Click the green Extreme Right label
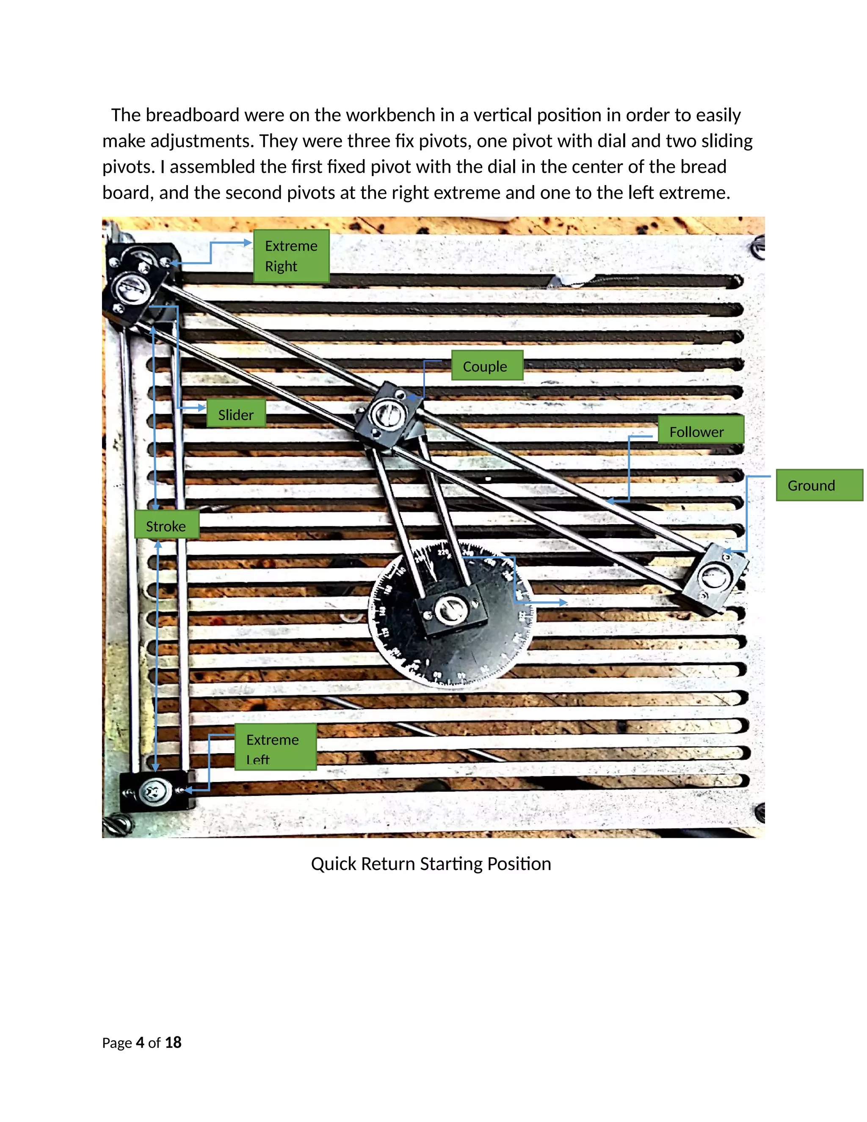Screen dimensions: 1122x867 pos(291,256)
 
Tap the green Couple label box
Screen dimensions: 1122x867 pos(487,366)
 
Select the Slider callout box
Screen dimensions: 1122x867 pos(236,414)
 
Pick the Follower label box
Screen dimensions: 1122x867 pos(701,430)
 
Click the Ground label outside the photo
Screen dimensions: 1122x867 pos(819,485)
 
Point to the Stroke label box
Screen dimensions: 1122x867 pos(166,525)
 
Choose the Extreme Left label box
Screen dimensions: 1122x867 pos(275,747)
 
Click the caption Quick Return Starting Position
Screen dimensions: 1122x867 pos(431,864)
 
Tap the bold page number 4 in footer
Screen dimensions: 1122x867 pos(140,1042)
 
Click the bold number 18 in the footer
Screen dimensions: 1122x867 pos(173,1042)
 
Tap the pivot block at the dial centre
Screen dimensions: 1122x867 pos(452,611)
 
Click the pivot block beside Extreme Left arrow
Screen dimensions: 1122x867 pos(153,791)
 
